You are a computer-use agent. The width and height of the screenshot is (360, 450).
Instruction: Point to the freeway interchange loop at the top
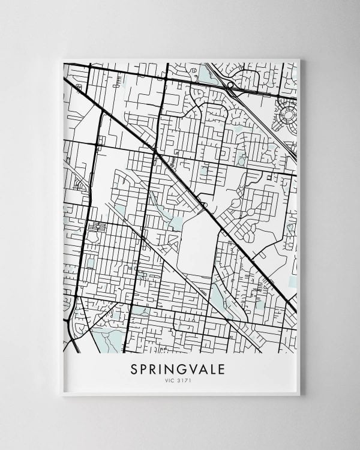230,86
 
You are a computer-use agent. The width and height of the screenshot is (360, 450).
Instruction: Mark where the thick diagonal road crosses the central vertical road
155,154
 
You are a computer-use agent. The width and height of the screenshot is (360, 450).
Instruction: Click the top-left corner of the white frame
62,59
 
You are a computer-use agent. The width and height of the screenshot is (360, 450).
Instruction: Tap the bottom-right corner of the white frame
299,395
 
